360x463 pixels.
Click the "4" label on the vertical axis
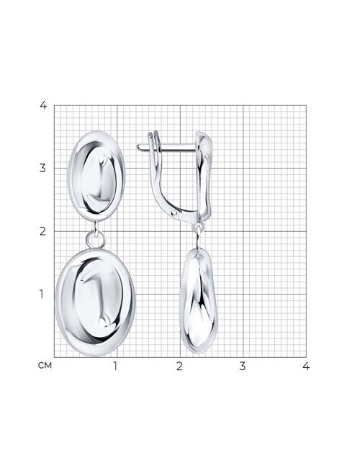(43, 105)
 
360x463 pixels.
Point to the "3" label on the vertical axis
(43, 168)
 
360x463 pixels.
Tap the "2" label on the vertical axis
(43, 231)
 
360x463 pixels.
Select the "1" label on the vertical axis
(42, 294)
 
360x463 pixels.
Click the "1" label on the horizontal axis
(115, 366)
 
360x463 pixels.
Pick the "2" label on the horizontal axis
(179, 366)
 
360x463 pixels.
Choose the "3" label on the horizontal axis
(243, 366)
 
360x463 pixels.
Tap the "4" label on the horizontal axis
(306, 366)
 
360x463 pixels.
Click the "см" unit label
(45, 366)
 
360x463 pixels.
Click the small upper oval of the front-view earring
(96, 176)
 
